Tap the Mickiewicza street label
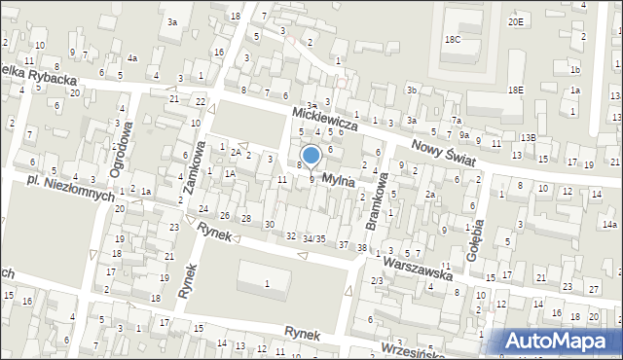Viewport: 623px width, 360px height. pos(326,120)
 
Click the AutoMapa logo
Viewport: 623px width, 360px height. pos(560,341)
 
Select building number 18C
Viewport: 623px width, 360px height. pos(453,39)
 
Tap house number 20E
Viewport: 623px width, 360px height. pos(515,21)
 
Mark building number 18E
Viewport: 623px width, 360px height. pos(515,90)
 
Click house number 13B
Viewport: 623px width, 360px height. pos(528,138)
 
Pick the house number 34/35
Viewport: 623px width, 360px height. pos(313,238)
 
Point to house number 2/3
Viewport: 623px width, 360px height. pos(377,280)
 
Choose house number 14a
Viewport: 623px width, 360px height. pos(609,224)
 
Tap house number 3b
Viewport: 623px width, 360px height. pos(412,90)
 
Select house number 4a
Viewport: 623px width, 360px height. pos(131,58)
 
